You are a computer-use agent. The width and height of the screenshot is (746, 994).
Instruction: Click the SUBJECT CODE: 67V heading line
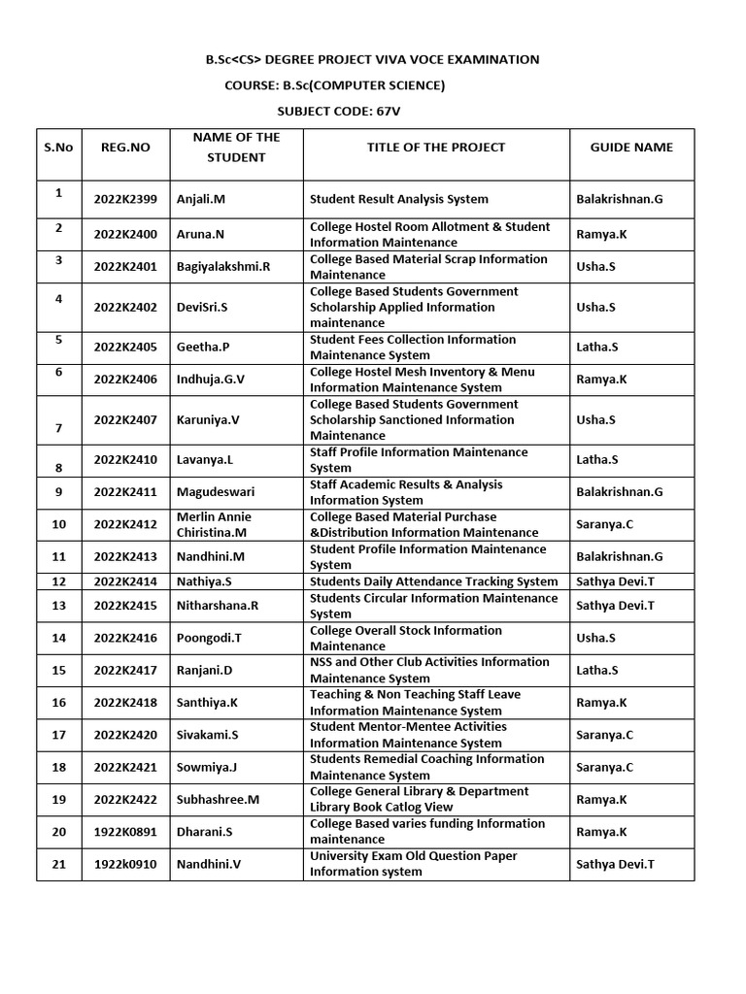[338, 112]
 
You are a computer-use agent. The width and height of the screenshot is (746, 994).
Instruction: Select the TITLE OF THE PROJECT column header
[436, 148]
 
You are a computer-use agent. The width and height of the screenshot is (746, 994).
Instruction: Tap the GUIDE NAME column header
[631, 148]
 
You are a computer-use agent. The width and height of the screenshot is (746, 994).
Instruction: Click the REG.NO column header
[125, 148]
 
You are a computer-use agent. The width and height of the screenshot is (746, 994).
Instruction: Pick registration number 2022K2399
[125, 200]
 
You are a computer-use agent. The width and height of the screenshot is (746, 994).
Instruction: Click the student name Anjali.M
[201, 200]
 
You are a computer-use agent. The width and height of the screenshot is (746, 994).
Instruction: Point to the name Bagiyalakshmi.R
[223, 267]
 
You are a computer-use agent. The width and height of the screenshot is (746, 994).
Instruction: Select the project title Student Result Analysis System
[399, 200]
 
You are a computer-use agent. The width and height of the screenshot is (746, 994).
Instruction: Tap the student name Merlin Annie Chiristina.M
[212, 525]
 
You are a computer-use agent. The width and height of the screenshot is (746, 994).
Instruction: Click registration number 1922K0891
[125, 832]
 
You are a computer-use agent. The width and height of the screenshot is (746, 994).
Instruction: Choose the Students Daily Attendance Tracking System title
[434, 581]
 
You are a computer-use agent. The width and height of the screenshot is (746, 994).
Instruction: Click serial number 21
[58, 864]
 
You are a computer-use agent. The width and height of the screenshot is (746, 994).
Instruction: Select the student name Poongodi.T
[208, 639]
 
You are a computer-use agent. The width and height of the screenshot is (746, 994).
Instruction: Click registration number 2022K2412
[125, 525]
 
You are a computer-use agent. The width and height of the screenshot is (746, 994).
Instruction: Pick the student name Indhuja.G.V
[211, 380]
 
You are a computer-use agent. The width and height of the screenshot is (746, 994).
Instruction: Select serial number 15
[58, 671]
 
